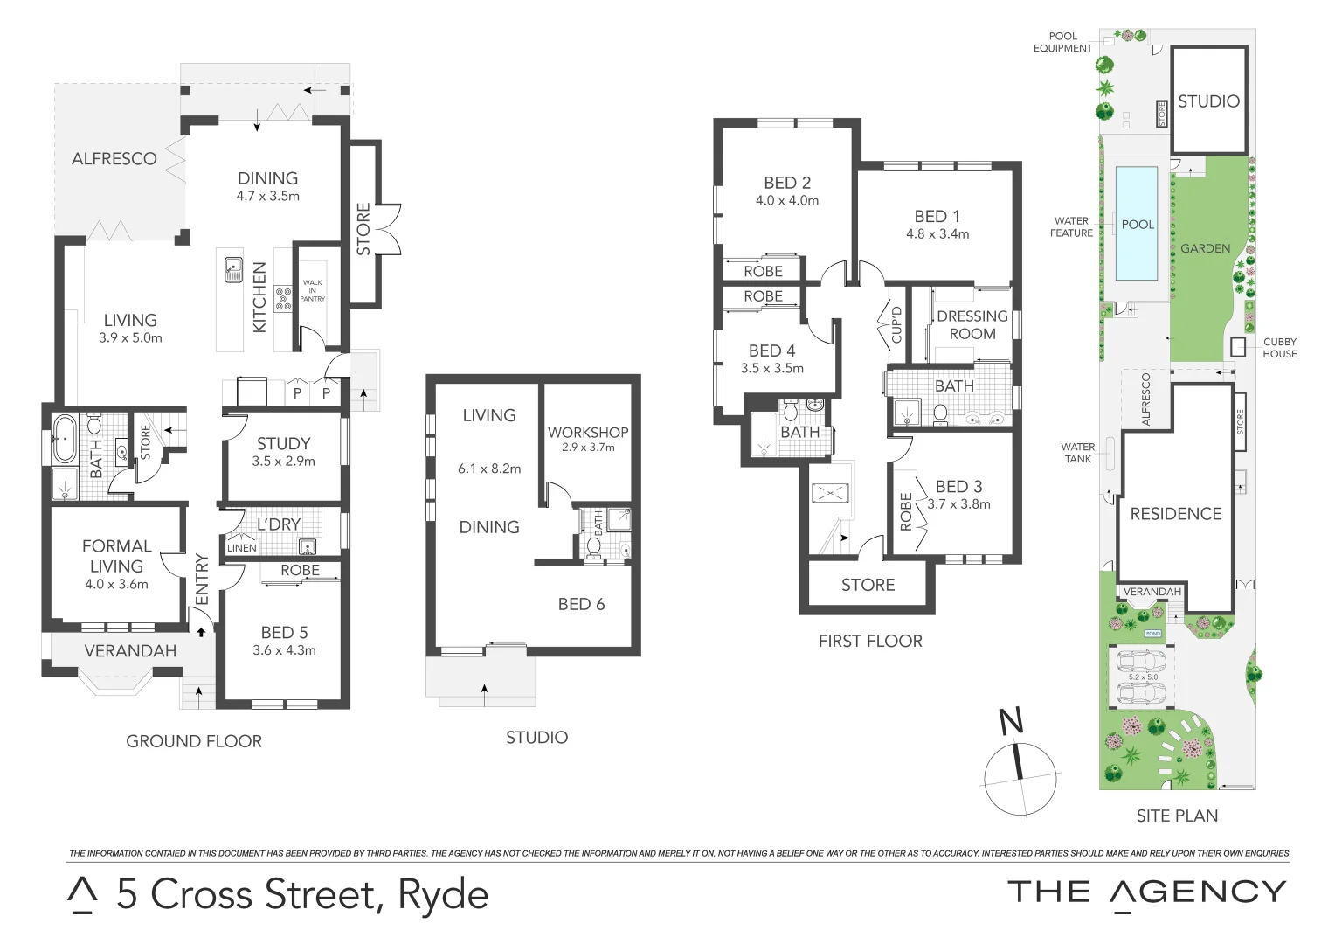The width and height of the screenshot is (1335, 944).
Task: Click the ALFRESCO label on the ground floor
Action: click(114, 159)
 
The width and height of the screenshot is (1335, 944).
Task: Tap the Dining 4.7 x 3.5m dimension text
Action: click(267, 197)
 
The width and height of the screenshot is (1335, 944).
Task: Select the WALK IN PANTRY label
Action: click(312, 290)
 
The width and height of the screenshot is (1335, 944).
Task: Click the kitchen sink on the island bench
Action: click(233, 269)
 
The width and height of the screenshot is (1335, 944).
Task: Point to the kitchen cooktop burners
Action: click(284, 299)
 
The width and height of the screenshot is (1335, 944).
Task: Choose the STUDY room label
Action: click(283, 443)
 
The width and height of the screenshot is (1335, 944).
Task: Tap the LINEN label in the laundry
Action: click(242, 548)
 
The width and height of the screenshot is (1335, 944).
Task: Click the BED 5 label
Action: click(284, 632)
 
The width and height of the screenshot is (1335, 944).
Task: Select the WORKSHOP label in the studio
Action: click(588, 432)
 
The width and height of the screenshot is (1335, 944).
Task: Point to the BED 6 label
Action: click(581, 604)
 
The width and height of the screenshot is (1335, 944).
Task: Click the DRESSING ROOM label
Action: click(972, 325)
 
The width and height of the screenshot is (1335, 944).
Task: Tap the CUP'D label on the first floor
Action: click(896, 324)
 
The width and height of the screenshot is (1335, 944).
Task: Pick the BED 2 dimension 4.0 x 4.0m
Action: click(787, 201)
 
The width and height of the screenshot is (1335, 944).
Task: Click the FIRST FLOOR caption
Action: click(870, 641)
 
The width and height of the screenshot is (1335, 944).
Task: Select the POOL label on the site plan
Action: click(1138, 225)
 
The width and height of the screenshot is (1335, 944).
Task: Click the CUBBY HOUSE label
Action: click(1279, 348)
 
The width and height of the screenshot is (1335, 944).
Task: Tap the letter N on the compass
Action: click(1011, 722)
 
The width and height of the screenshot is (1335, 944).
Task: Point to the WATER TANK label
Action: click(1077, 453)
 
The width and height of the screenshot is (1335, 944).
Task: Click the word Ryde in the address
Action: click(443, 893)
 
